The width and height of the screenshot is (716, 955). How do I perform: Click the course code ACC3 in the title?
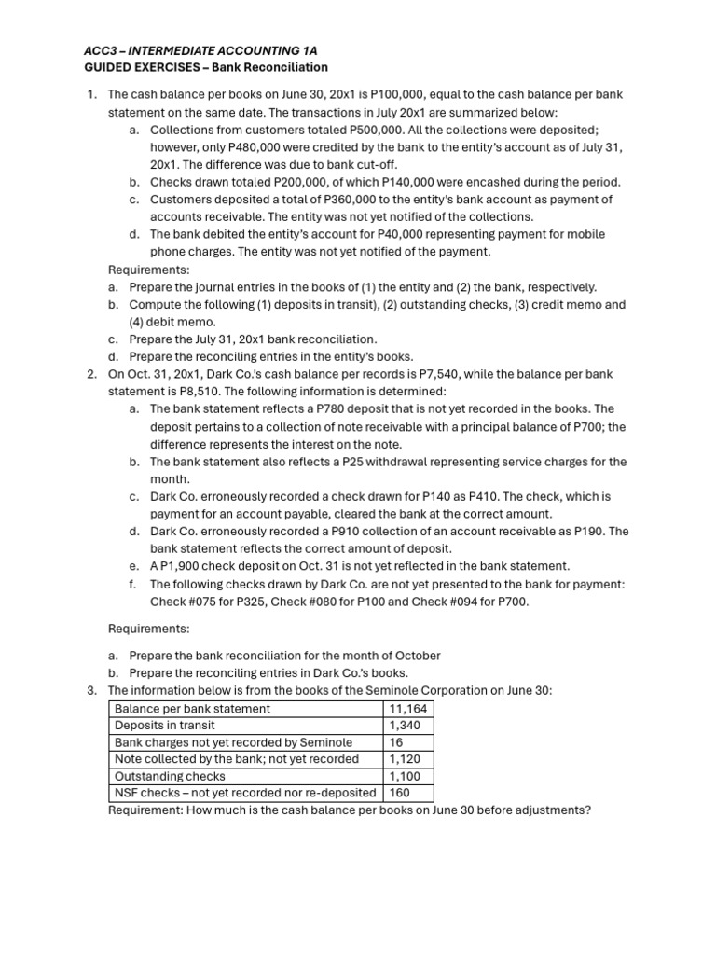point(90,49)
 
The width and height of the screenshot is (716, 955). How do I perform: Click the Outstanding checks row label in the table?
point(170,776)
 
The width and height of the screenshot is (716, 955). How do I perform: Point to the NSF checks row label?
point(245,793)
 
